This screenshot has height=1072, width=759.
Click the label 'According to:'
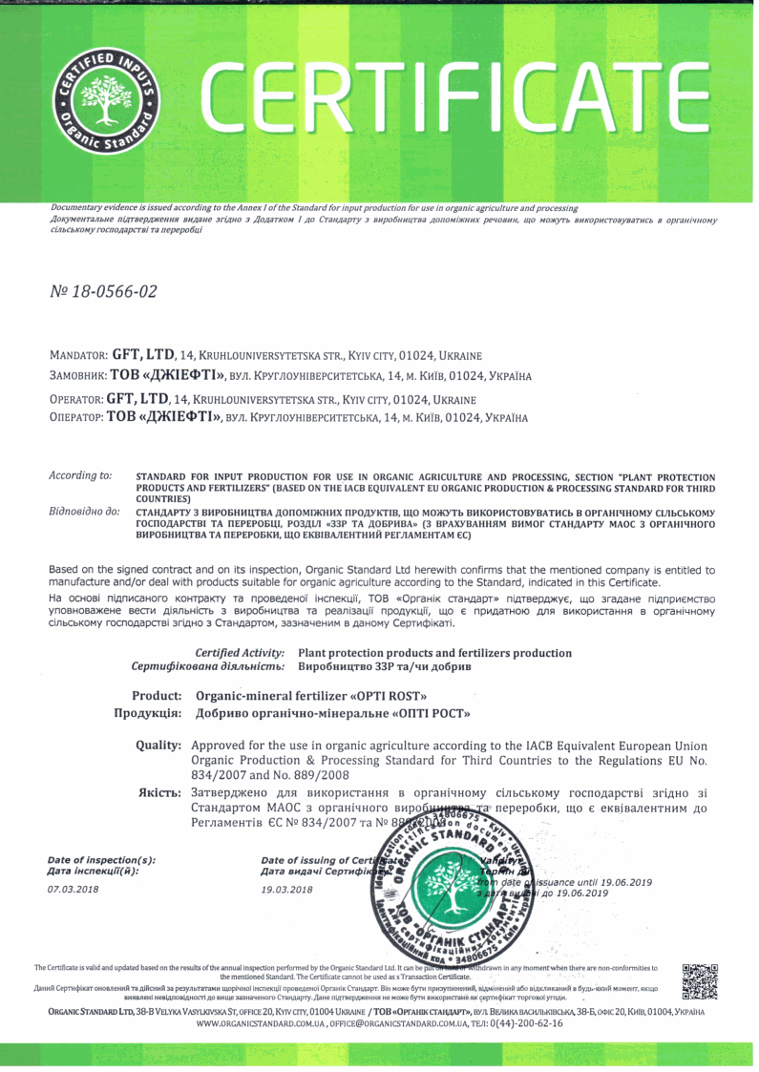point(79,474)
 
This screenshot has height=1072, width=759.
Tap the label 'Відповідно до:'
point(84,513)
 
